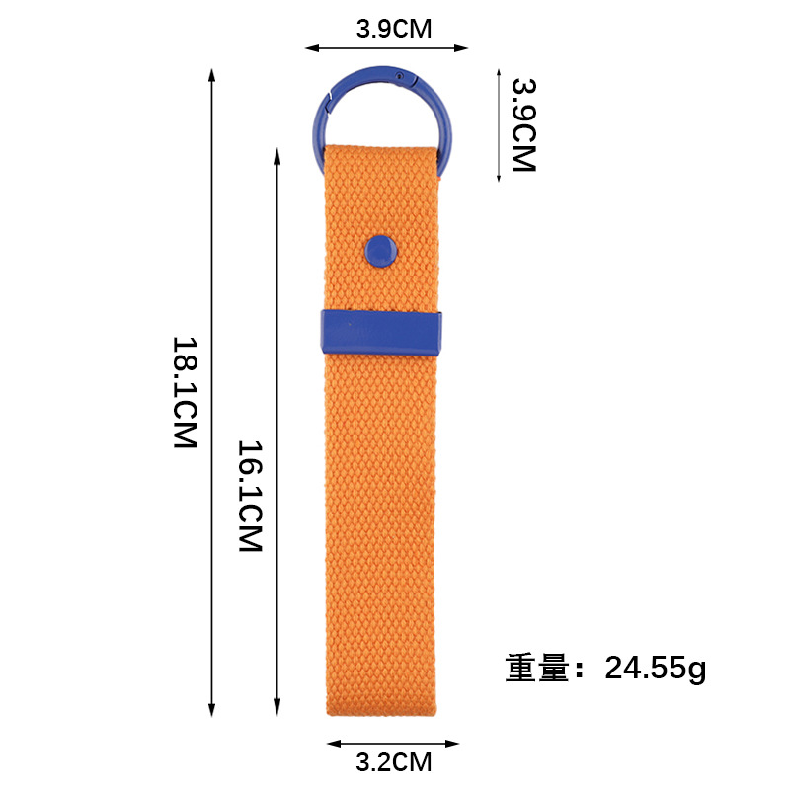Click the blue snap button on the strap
[x=381, y=251]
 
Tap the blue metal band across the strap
[x=381, y=332]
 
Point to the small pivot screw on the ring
[x=400, y=76]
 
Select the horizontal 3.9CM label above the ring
[x=394, y=29]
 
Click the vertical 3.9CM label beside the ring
[x=524, y=125]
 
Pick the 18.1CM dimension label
[x=185, y=392]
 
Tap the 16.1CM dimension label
[x=250, y=497]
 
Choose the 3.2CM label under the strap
[x=394, y=762]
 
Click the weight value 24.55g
[x=656, y=669]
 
